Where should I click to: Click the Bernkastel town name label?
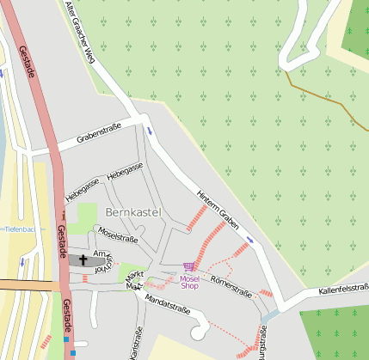[x=133, y=211]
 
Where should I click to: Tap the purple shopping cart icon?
[x=188, y=269]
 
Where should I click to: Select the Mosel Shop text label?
[x=189, y=282]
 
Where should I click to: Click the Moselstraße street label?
[x=118, y=234]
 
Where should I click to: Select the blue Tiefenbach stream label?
[x=18, y=229]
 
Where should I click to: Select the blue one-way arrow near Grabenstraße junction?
[x=151, y=131]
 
